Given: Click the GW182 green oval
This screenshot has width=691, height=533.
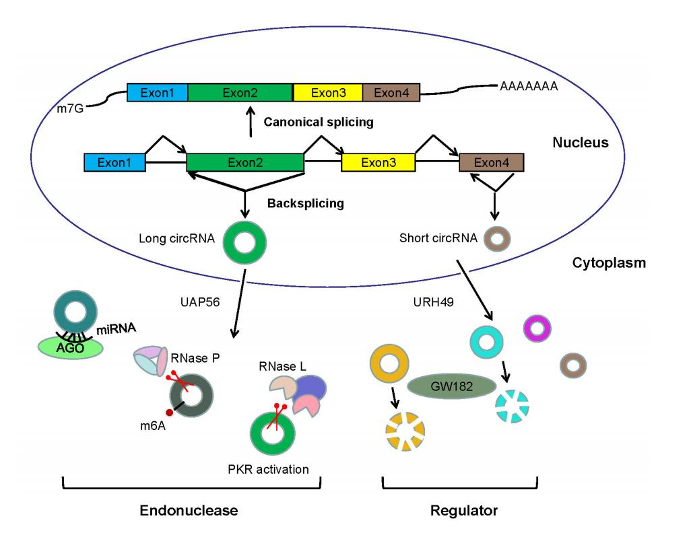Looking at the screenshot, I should [451, 386].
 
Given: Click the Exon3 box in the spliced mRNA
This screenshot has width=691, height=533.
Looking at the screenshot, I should [328, 92].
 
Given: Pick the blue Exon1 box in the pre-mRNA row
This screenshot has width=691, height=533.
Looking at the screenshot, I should [115, 162].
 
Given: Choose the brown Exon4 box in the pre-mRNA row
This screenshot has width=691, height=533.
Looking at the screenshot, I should [491, 162].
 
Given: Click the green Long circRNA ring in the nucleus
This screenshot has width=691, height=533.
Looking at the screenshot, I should [244, 239].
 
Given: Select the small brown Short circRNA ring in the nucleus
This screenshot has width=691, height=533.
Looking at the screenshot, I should [499, 238].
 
